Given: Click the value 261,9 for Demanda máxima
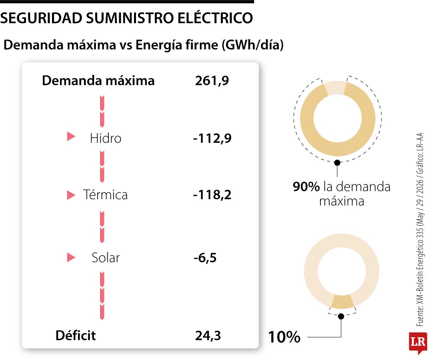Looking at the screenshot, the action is tap(212, 81).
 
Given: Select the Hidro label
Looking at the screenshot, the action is tap(106, 138).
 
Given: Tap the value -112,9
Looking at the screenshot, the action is tap(212, 138).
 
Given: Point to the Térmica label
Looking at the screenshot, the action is tap(105, 195).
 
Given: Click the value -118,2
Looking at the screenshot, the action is tap(212, 195).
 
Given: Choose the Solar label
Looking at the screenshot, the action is tap(106, 258).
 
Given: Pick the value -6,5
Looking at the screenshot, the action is tap(205, 258).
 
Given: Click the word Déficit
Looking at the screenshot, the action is tap(76, 335).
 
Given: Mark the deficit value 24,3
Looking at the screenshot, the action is tap(208, 336).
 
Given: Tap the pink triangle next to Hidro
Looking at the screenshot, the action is tap(71, 136).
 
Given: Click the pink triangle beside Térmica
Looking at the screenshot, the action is tap(71, 195).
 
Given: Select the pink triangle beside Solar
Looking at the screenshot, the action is tap(71, 258).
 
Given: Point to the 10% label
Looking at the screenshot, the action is tap(284, 337).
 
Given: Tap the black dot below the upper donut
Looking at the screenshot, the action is tap(337, 162).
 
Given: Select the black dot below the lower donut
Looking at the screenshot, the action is tap(341, 316).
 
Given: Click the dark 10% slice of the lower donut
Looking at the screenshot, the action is tap(342, 302).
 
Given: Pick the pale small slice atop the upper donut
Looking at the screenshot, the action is tap(335, 88).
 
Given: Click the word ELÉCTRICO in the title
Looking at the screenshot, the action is tap(215, 18).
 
